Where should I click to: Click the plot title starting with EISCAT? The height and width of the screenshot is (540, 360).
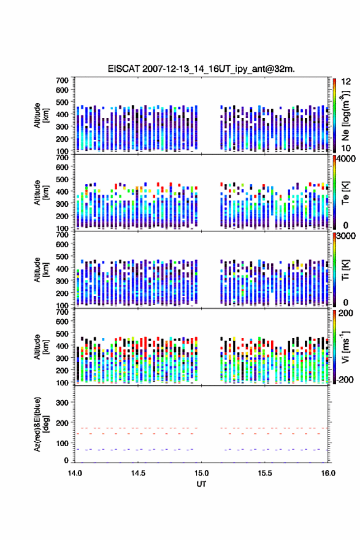(x=201, y=69)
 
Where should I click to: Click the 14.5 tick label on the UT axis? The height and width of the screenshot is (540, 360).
(x=138, y=473)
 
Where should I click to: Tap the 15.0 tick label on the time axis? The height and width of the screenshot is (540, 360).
(x=201, y=473)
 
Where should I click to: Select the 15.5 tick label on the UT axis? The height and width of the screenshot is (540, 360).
(x=265, y=473)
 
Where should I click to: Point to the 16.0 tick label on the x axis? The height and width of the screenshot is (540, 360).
(x=328, y=473)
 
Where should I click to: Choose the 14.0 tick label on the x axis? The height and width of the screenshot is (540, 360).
(x=75, y=473)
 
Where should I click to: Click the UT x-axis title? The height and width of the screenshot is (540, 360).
(x=201, y=484)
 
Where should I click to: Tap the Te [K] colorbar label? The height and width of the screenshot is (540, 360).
(x=345, y=193)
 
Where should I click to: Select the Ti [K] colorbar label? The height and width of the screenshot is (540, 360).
(x=345, y=269)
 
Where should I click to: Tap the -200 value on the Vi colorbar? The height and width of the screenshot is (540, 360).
(x=345, y=379)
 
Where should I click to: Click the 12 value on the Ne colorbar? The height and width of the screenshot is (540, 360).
(x=346, y=82)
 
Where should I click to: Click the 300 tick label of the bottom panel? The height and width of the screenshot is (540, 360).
(x=62, y=403)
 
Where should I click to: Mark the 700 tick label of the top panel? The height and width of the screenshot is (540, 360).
(x=62, y=80)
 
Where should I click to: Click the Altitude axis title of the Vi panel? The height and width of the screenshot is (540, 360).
(x=42, y=347)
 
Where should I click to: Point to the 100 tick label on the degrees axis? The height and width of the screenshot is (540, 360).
(x=62, y=443)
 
